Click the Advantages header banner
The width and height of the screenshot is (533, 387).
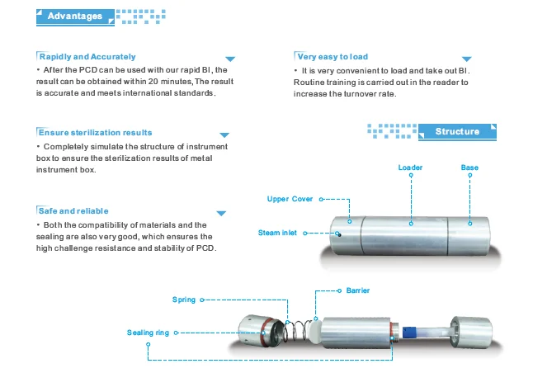(75, 16)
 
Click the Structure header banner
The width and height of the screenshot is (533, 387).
(456, 132)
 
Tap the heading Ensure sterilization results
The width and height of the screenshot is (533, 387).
(96, 132)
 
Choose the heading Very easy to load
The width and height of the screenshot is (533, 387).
(332, 56)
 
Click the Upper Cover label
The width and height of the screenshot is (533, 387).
(290, 200)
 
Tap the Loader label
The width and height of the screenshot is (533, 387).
(410, 168)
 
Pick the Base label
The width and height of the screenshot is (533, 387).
(469, 168)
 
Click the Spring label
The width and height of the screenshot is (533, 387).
(184, 300)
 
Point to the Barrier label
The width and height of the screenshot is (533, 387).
(358, 290)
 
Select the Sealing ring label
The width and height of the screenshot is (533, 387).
(148, 333)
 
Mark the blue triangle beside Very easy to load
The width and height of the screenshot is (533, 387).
(467, 59)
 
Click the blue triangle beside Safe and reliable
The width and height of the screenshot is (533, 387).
(220, 214)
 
